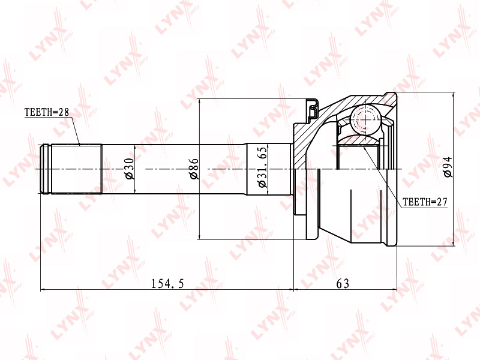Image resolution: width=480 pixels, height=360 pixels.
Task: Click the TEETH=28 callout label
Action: (x=47, y=112)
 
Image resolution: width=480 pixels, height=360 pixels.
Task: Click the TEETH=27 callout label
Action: (x=425, y=202)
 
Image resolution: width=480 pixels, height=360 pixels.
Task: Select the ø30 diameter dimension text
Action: (x=128, y=169)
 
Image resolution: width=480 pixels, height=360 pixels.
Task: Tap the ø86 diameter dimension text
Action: (x=193, y=169)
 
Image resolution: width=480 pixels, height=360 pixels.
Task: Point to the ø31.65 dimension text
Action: (x=262, y=167)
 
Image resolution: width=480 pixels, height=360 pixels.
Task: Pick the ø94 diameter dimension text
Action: (x=447, y=167)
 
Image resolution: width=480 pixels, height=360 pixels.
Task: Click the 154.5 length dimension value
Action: (x=167, y=284)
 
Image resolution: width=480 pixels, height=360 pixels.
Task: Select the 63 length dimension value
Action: (x=343, y=284)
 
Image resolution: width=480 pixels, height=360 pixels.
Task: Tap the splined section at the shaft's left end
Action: (x=76, y=169)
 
